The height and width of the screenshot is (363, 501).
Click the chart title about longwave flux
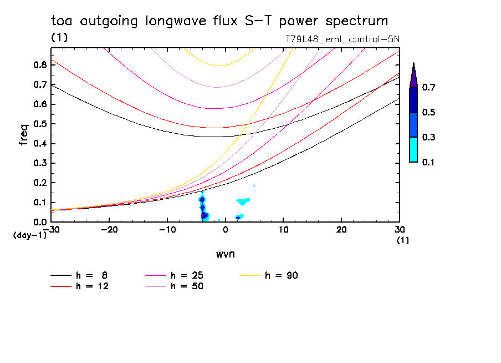[219, 21]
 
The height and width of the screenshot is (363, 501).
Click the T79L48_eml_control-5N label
[342, 39]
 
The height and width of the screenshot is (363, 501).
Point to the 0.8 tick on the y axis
[39, 64]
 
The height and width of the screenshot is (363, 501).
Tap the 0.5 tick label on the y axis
[39, 124]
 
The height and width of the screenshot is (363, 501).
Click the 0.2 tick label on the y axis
[39, 183]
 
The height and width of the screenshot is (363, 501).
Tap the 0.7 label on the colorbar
[430, 88]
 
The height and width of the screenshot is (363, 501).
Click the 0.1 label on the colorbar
[430, 162]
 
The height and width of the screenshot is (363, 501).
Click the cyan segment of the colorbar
[413, 149]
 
